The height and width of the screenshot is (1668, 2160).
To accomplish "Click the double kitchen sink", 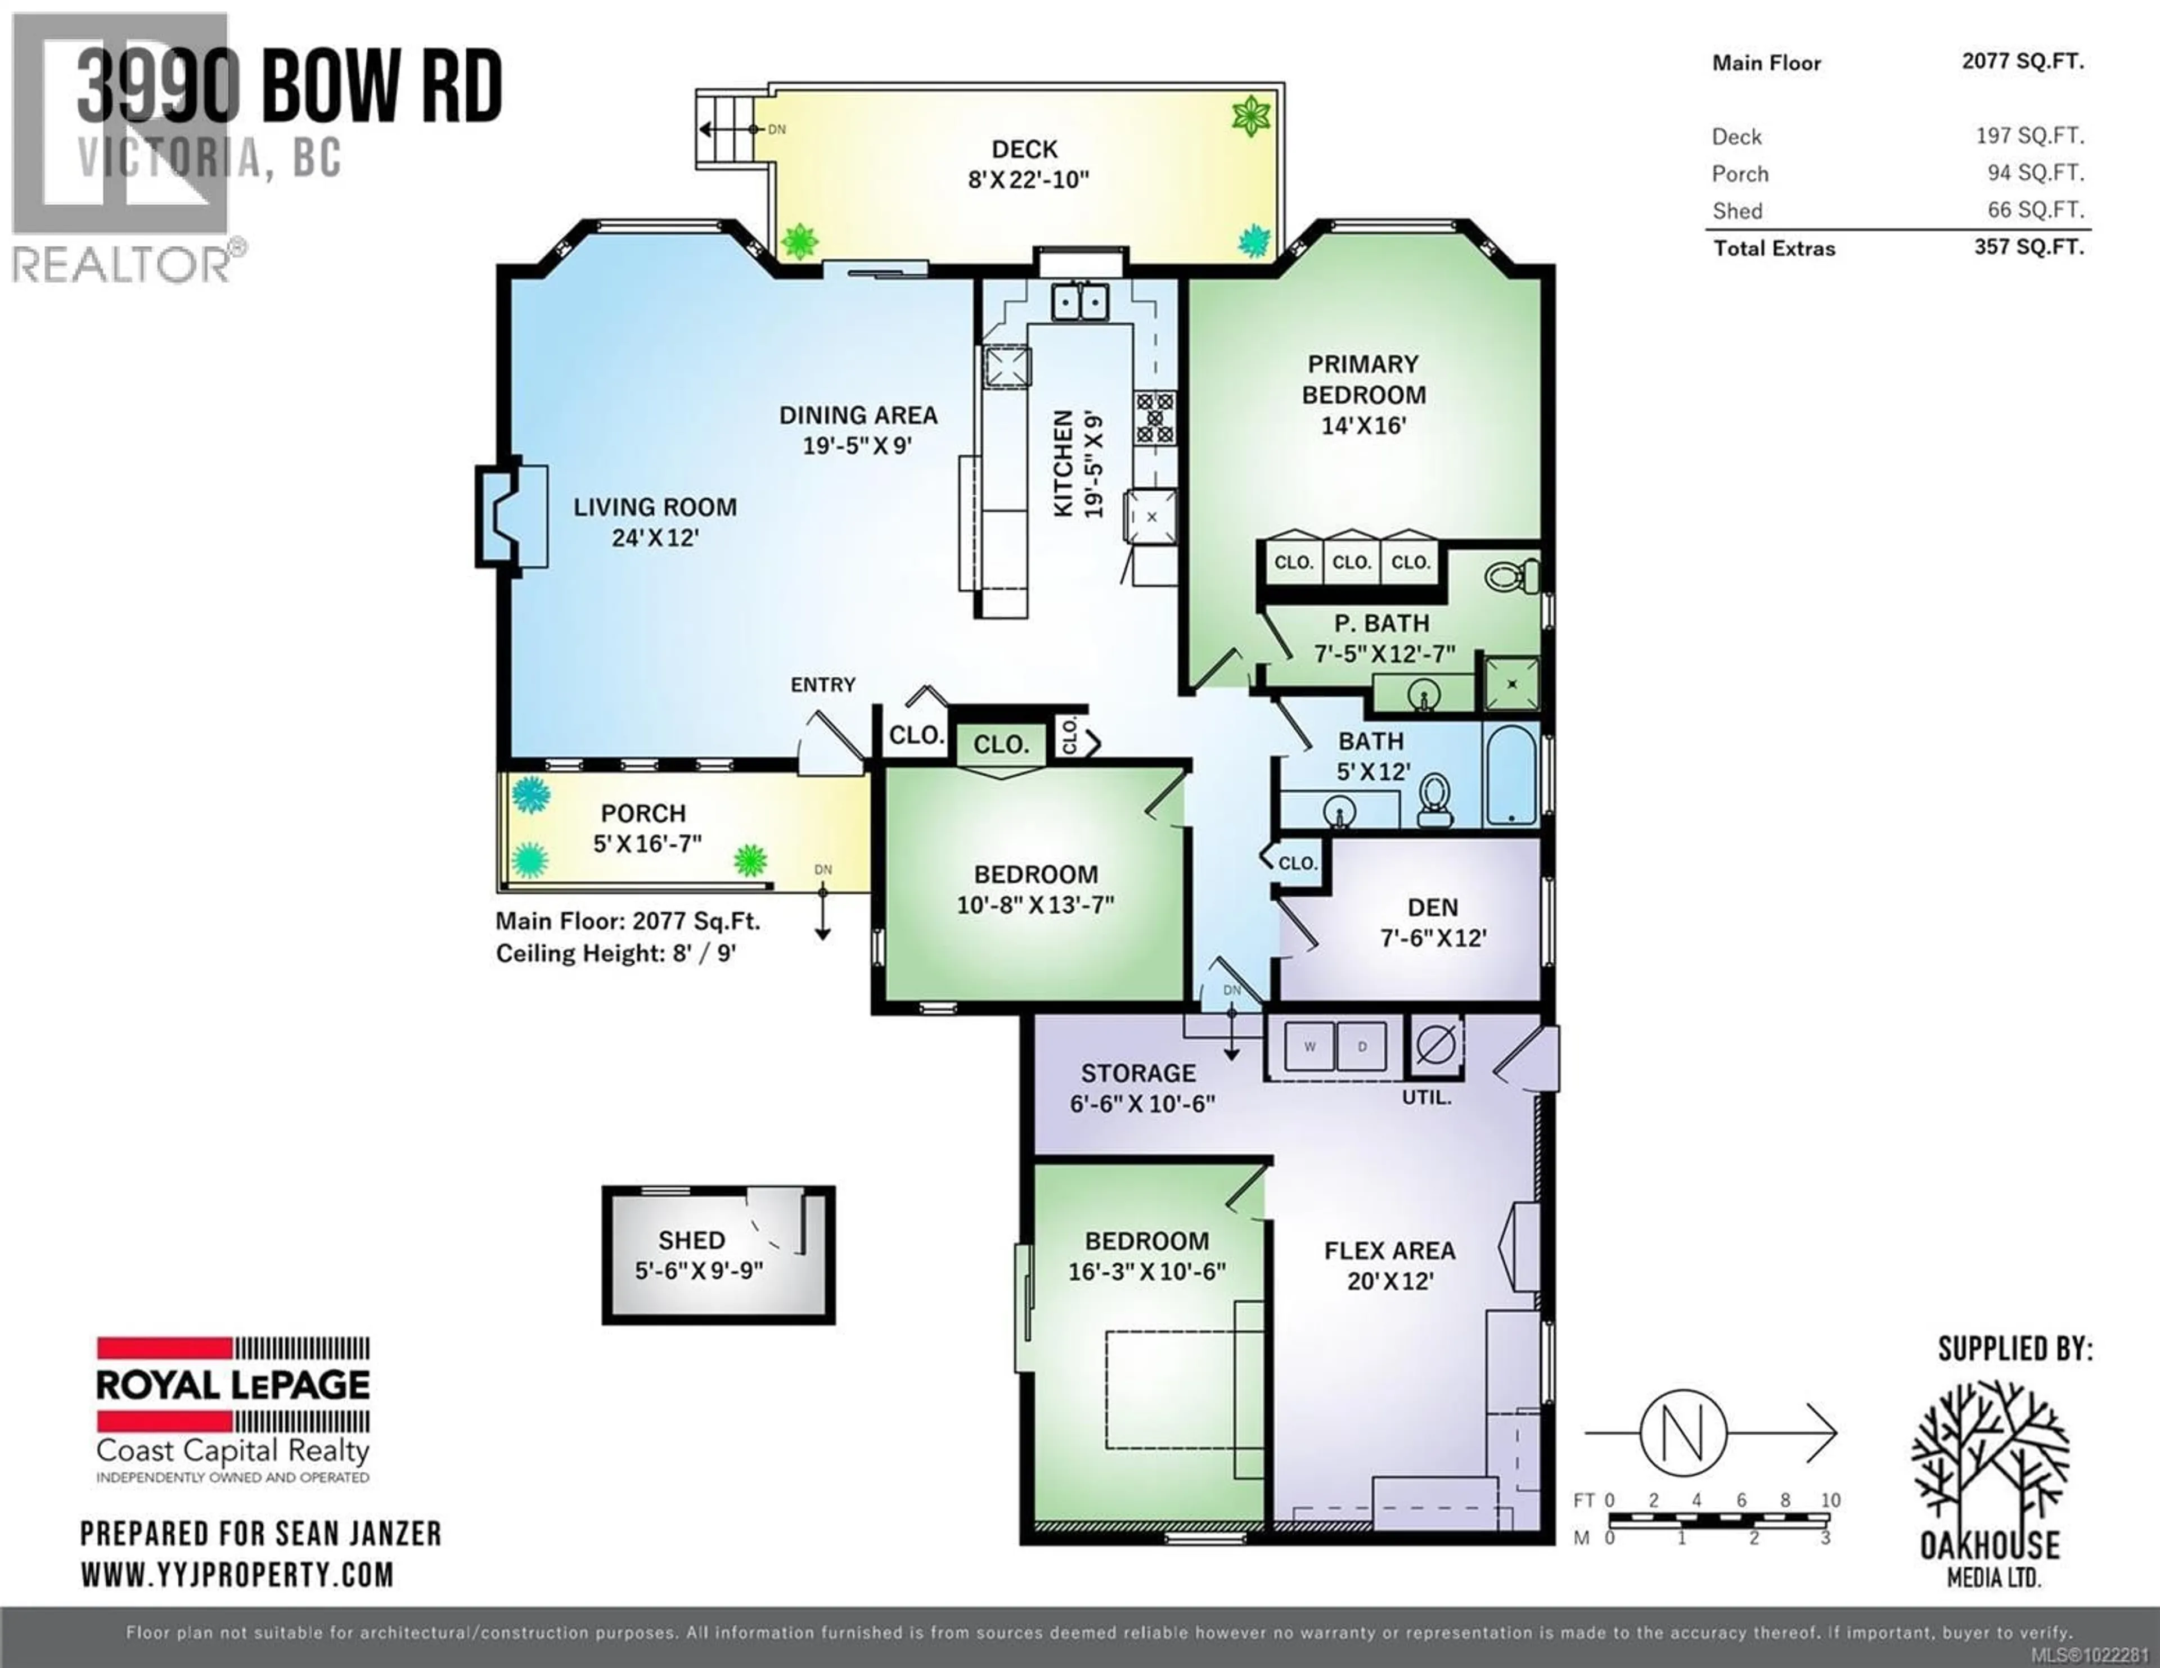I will pyautogui.click(x=1079, y=301).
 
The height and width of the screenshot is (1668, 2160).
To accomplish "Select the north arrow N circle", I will pyautogui.click(x=1684, y=1432).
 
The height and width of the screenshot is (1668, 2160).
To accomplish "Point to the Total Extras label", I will pyautogui.click(x=1774, y=248).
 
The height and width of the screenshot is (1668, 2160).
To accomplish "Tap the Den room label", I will pyautogui.click(x=1432, y=907).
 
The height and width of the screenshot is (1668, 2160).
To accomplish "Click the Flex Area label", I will pyautogui.click(x=1389, y=1251).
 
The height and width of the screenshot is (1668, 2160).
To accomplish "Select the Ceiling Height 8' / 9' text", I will pyautogui.click(x=615, y=953).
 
